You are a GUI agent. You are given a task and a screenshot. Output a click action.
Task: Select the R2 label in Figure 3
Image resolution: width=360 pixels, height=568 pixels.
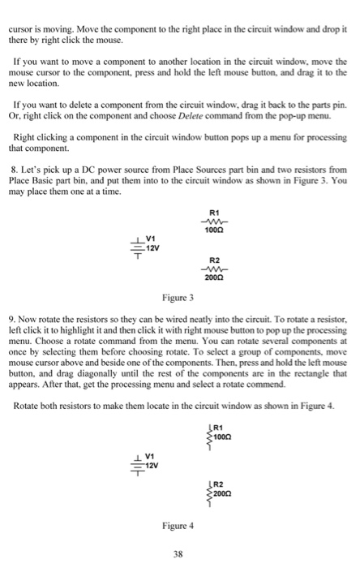[x=216, y=260]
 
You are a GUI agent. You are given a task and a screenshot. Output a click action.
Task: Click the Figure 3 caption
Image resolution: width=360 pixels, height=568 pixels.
[x=178, y=298]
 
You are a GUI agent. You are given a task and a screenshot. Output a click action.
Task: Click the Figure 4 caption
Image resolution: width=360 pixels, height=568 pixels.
[x=178, y=526]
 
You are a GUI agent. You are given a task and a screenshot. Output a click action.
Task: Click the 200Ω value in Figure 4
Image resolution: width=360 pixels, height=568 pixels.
[x=225, y=492]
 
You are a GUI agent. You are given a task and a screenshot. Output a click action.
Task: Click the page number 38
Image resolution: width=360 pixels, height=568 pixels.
[x=178, y=555]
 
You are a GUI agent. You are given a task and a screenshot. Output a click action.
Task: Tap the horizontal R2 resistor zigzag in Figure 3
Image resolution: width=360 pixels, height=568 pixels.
[x=216, y=269]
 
